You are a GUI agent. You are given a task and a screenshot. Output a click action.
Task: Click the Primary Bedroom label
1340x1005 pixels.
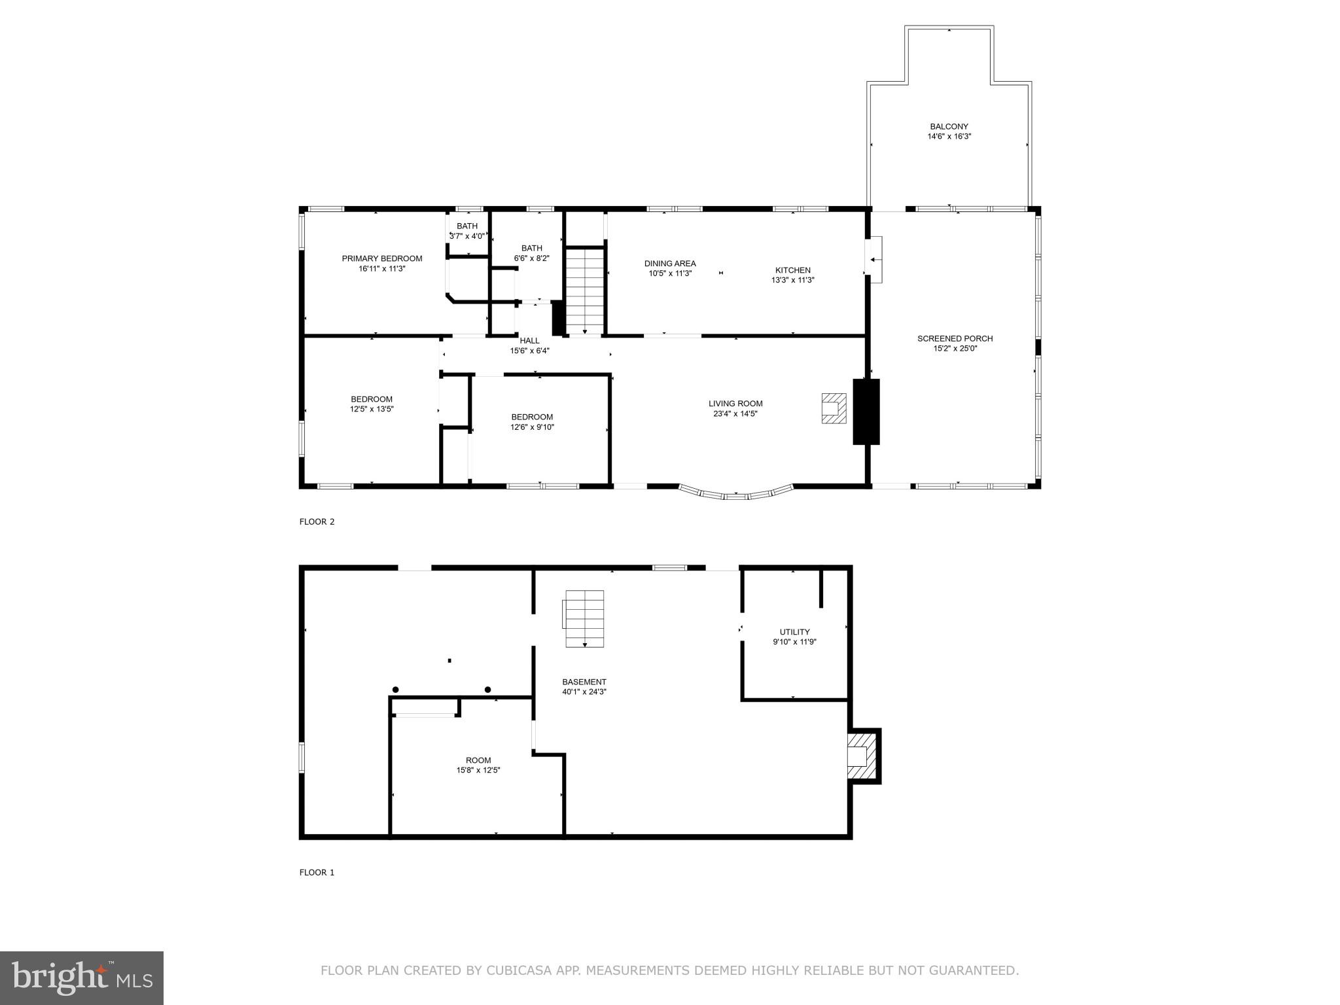381,258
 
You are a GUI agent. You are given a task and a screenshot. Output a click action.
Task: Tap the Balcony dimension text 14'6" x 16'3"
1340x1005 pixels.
949,137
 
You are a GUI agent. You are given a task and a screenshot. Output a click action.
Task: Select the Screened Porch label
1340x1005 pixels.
955,338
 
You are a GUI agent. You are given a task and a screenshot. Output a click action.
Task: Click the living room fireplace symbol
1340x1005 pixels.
834,408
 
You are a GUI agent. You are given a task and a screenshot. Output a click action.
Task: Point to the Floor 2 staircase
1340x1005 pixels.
584,291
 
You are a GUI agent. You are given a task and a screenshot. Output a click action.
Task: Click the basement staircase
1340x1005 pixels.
584,618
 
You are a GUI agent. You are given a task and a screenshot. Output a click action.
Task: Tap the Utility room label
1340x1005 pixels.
794,632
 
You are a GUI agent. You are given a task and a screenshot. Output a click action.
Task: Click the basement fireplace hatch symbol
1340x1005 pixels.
861,756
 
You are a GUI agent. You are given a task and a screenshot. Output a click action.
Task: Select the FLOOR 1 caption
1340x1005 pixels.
317,872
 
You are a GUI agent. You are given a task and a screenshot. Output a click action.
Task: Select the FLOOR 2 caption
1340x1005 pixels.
317,521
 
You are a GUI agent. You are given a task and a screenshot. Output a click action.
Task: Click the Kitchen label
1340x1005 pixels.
792,270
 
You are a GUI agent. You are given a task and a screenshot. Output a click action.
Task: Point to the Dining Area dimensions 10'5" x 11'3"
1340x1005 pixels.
670,273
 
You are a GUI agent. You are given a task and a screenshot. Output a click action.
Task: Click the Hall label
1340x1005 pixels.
529,340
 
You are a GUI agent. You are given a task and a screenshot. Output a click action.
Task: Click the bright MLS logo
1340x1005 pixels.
82,978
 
